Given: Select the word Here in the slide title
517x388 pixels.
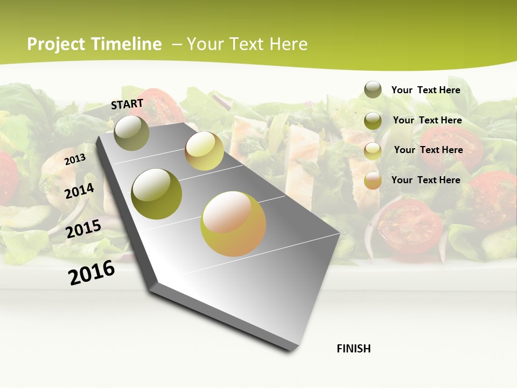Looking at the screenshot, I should [288, 44].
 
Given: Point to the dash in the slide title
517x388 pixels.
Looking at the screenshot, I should [177, 44].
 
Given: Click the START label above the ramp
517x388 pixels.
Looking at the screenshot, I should [127, 104].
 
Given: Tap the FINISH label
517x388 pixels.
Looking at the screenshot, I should [354, 349].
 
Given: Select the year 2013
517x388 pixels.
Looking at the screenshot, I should [75, 159].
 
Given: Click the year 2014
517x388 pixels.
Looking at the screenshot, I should [79, 191].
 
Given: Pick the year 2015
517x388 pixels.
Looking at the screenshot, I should [83, 229].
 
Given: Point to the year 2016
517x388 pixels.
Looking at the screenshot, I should [92, 273].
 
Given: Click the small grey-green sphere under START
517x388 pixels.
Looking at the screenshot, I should [132, 133].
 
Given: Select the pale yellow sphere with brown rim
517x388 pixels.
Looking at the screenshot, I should [204, 151].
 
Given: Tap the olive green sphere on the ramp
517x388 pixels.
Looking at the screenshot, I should [157, 194].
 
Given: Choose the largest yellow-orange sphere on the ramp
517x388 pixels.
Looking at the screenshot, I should [233, 224].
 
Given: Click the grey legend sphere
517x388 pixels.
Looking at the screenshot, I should [373, 89].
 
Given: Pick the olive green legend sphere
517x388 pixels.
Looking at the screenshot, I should [373, 120].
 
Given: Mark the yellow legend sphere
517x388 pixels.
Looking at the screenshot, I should [373, 150].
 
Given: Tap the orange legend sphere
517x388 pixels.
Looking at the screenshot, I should [373, 181].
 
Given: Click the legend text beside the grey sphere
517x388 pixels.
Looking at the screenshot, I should [425, 90].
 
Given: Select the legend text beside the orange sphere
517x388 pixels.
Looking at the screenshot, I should [425, 180].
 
